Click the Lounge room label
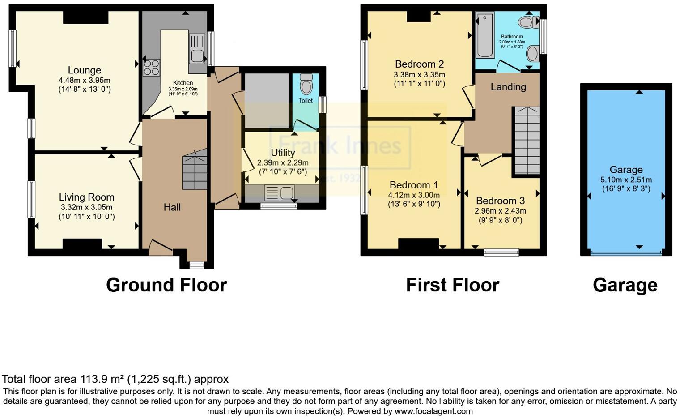[84, 70]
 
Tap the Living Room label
[86, 197]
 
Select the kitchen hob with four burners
[151, 67]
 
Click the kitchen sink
[197, 49]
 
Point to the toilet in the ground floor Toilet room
[306, 85]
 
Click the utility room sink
[279, 193]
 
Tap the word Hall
[172, 207]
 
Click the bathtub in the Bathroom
[485, 36]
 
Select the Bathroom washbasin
[532, 54]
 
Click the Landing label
[508, 87]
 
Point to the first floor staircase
[527, 141]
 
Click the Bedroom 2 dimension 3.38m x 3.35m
[419, 75]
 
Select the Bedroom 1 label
[413, 185]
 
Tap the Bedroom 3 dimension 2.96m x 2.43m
[500, 210]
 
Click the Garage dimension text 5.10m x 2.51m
[626, 180]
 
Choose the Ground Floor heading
[166, 285]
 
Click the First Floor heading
[452, 285]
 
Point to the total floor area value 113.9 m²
[102, 379]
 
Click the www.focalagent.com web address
[433, 411]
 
